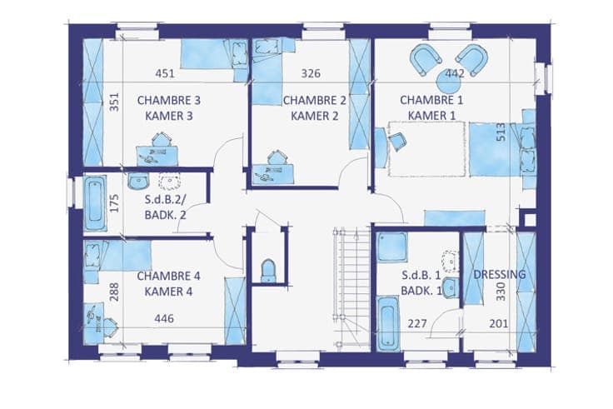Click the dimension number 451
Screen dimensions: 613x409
[165, 73]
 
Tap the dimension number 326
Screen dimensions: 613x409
[311, 73]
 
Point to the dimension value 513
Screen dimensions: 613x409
[501, 132]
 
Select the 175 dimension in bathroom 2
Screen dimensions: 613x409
[114, 203]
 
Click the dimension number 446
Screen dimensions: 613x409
[164, 319]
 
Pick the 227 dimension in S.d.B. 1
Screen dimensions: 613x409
[417, 324]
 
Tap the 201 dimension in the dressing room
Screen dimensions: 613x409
[499, 324]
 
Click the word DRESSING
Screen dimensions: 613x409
[499, 275]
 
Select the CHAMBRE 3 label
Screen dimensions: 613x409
[169, 101]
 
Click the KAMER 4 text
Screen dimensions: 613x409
[168, 292]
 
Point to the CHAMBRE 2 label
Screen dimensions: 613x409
[315, 101]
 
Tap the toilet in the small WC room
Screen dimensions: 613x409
[268, 270]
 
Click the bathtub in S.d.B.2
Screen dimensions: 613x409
[95, 204]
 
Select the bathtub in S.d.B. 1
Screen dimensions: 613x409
[387, 323]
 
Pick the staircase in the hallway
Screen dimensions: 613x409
[351, 287]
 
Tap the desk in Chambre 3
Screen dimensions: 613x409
[157, 156]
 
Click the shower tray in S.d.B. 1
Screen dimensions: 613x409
[391, 248]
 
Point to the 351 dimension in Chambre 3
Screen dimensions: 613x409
[114, 102]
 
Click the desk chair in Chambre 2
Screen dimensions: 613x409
[277, 157]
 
